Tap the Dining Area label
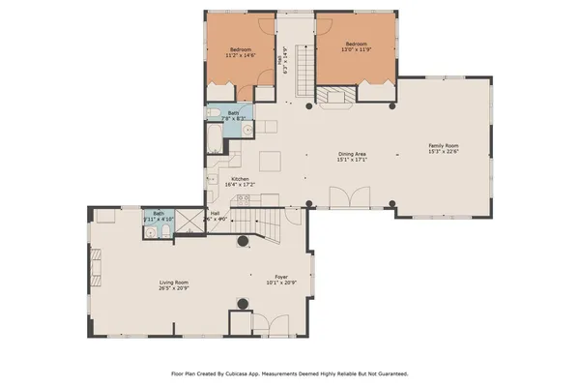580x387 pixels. pyautogui.click(x=351, y=154)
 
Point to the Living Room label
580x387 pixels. pyautogui.click(x=174, y=282)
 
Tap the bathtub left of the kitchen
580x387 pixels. pyautogui.click(x=213, y=142)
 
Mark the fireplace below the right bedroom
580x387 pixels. pyautogui.click(x=337, y=96)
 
